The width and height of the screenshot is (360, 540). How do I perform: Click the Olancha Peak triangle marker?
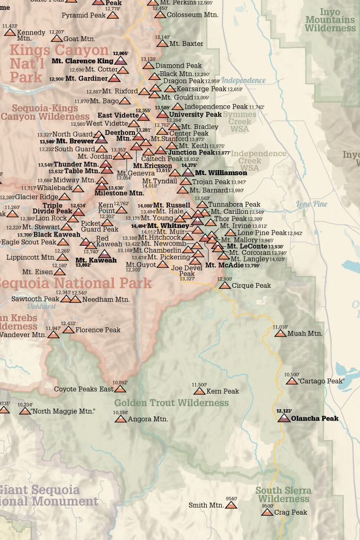[284, 418]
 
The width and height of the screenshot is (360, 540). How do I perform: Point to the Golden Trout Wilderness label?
[171, 403]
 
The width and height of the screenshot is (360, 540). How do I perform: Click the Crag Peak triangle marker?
[267, 512]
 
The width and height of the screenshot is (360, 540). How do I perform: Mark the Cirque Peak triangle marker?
[225, 285]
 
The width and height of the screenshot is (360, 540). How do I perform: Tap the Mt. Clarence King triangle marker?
[121, 60]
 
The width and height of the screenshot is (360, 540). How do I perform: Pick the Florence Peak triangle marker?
[69, 329]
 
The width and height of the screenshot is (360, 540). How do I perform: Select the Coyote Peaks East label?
[84, 389]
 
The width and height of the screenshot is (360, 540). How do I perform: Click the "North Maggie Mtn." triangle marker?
[25, 411]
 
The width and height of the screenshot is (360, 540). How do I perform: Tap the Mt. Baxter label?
[186, 43]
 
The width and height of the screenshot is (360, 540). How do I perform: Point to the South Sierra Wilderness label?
[283, 495]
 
